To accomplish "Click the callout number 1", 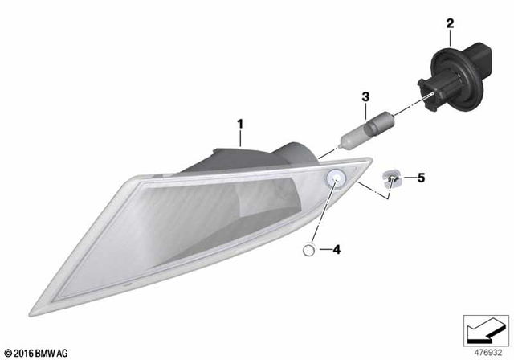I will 239,125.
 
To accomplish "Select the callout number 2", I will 451,24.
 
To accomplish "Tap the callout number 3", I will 365,98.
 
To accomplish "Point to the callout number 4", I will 337,250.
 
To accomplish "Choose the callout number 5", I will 419,178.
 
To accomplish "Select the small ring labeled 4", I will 309,251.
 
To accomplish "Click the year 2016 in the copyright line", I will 21,352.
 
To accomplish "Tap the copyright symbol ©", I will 6,352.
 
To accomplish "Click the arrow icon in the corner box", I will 486,328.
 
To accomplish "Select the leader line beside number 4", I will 324,251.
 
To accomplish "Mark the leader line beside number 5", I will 407,178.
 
